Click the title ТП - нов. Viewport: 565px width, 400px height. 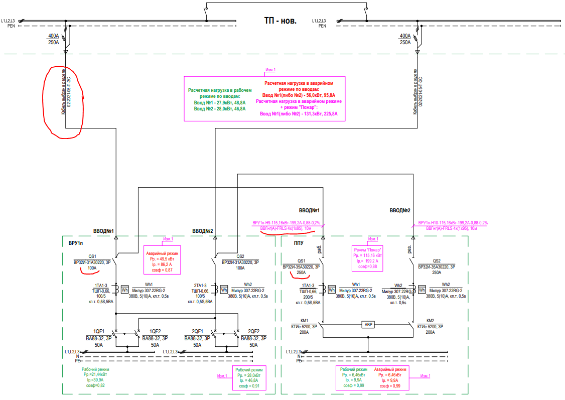(280, 21)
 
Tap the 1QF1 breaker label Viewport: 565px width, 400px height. (99, 331)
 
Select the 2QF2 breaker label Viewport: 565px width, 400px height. (254, 331)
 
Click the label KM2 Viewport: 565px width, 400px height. (430, 320)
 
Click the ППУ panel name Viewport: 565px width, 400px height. (300, 243)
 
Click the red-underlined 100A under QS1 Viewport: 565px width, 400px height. (92, 269)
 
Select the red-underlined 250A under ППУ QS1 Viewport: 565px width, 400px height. (301, 273)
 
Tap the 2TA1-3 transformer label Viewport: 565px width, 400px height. (199, 285)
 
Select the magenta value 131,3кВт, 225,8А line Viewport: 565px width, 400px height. (299, 114)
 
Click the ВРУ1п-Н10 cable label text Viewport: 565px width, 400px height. (453, 222)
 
